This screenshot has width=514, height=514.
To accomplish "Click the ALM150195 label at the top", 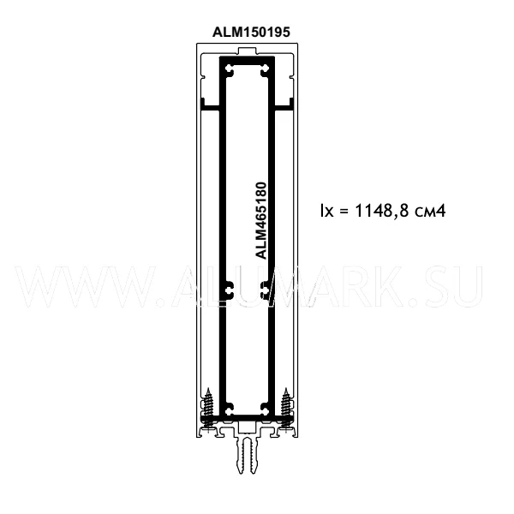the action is pos(251,33).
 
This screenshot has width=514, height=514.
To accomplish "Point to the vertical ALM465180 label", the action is pos(261,221).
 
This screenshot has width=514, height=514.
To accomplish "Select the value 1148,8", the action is pos(382,211).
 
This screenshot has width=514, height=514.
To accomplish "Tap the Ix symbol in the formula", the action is pos(326,211).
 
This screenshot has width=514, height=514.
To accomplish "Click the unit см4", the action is pos(430,211).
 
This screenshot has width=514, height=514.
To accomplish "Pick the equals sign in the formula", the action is pos(344,211).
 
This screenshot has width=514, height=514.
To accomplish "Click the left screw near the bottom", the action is pos(208,409).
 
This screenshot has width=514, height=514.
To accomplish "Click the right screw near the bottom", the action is pos(286,409).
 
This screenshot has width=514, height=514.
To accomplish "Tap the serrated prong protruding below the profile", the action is pos(247,454).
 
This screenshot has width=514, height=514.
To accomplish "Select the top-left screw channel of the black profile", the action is pos(230,70).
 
